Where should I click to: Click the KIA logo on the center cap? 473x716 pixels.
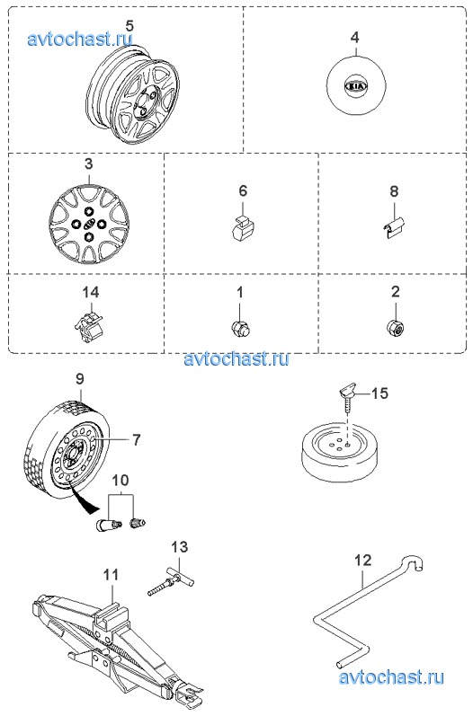[x=356, y=86]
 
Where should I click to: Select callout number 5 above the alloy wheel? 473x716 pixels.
[x=129, y=25]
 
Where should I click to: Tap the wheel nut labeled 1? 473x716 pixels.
[x=241, y=327]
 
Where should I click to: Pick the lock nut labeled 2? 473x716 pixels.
[x=396, y=326]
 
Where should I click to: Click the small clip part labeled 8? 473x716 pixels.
[x=393, y=227]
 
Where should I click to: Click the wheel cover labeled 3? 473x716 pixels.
[x=88, y=223]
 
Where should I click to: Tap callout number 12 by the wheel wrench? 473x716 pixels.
[x=363, y=561]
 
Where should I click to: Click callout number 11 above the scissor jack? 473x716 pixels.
[x=111, y=574]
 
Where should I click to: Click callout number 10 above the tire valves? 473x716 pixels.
[x=120, y=481]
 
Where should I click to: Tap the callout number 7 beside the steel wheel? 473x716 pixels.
[x=136, y=439]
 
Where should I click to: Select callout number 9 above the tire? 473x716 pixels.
[x=79, y=379]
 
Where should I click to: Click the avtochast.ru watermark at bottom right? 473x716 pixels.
[x=391, y=676]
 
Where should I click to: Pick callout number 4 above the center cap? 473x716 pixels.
[x=355, y=37]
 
